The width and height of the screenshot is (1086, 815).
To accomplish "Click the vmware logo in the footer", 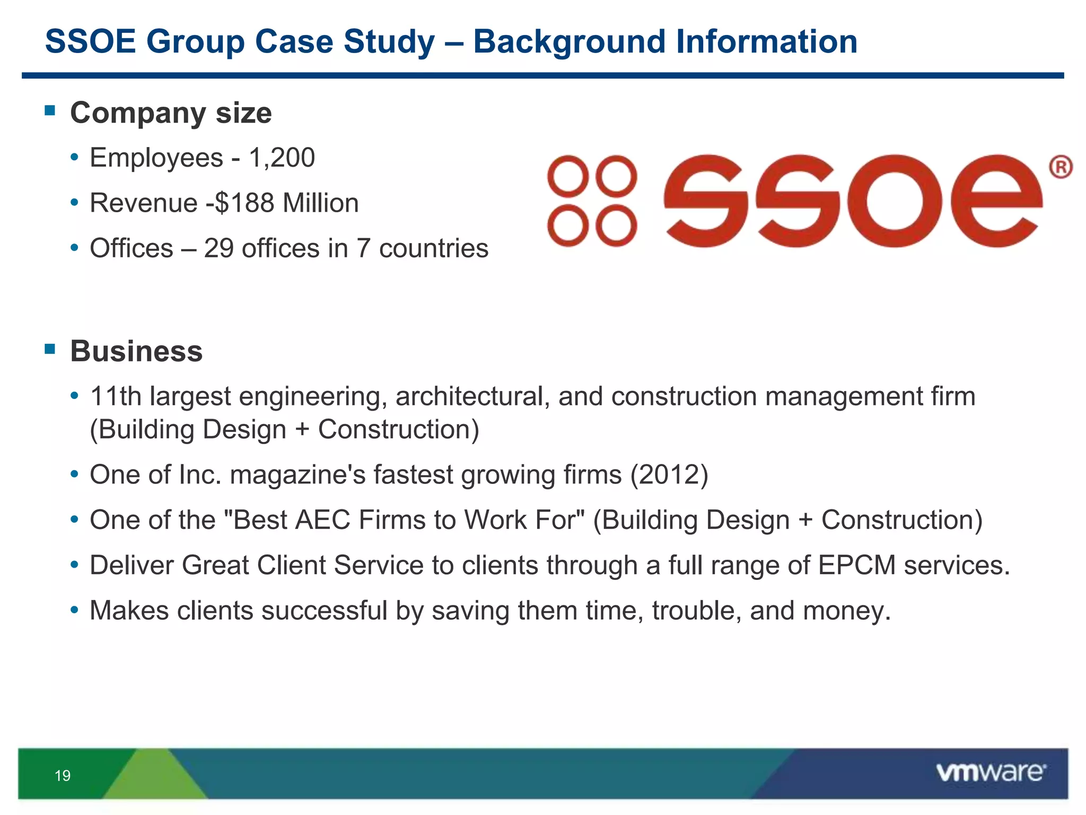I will (991, 773).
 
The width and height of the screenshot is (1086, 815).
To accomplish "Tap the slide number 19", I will (63, 776).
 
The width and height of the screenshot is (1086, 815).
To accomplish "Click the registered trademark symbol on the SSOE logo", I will (1061, 168).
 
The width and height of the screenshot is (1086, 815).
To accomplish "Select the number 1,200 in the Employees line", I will (282, 158).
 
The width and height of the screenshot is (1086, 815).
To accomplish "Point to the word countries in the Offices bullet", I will (433, 249).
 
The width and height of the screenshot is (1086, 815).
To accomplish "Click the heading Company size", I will (171, 113).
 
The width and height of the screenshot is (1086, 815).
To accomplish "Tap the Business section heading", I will (136, 351).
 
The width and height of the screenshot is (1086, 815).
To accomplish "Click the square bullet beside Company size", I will (50, 110).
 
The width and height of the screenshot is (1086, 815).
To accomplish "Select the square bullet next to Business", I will (50, 349).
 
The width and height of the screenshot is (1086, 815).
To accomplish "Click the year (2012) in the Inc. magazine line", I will (669, 475).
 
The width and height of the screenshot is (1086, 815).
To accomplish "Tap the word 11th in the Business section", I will (116, 397).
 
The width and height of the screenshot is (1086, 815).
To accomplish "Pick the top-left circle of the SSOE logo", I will (568, 176).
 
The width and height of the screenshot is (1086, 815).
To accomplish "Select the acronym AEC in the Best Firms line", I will (322, 520).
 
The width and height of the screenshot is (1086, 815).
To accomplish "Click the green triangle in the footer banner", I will (154, 776).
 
